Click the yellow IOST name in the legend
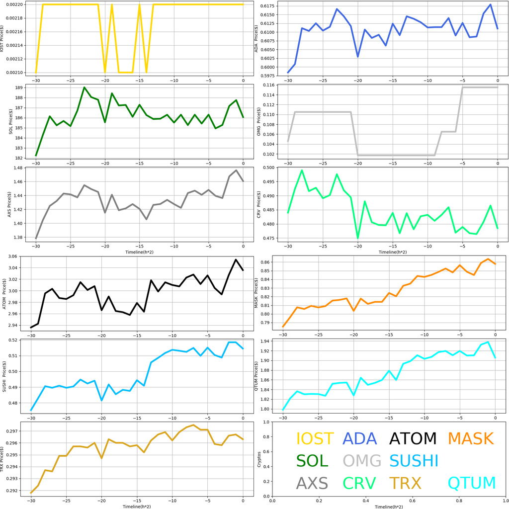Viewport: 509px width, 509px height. [315, 438]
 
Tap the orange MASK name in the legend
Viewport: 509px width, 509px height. [470, 438]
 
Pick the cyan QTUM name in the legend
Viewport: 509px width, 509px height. [472, 483]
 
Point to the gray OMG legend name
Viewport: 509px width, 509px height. [362, 461]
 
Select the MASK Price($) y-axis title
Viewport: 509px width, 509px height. [256, 293]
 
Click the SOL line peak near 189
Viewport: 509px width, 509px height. [84, 87]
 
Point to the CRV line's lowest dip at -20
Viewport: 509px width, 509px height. [358, 238]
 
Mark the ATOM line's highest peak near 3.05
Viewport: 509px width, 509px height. [236, 259]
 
